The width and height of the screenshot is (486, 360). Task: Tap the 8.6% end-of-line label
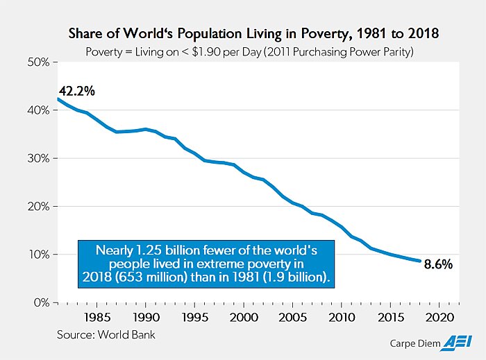pyautogui.click(x=438, y=264)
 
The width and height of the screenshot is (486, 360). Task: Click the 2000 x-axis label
pyautogui.click(x=242, y=318)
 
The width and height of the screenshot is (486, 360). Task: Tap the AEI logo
pyautogui.click(x=445, y=342)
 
